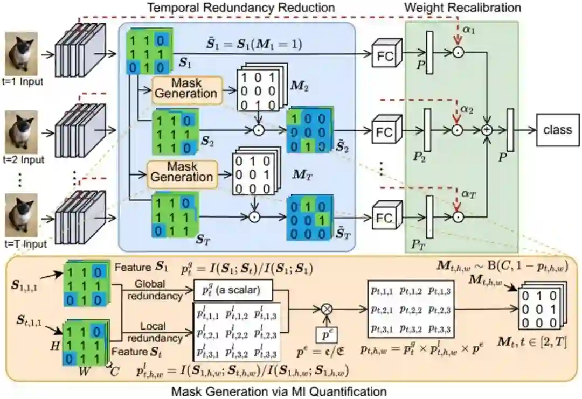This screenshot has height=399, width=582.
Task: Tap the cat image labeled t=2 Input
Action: (x=22, y=131)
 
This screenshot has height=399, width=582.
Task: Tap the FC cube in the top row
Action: (x=385, y=54)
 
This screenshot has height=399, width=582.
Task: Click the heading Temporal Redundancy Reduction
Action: (x=241, y=8)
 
